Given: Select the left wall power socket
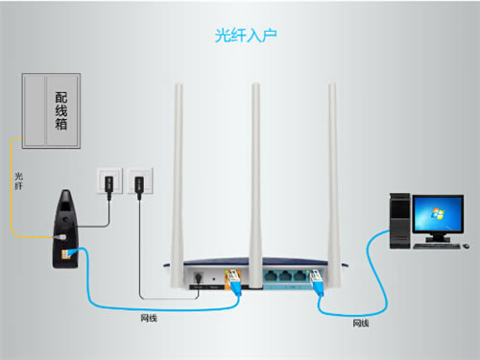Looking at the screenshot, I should pyautogui.click(x=109, y=180).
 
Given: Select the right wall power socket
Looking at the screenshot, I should pyautogui.click(x=138, y=180).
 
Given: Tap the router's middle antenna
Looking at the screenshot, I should pyautogui.click(x=254, y=173).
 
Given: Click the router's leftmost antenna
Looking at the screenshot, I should pyautogui.click(x=178, y=173).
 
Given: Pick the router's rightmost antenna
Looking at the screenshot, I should pyautogui.click(x=332, y=173).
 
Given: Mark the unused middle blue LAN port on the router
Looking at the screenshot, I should pyautogui.click(x=286, y=277).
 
